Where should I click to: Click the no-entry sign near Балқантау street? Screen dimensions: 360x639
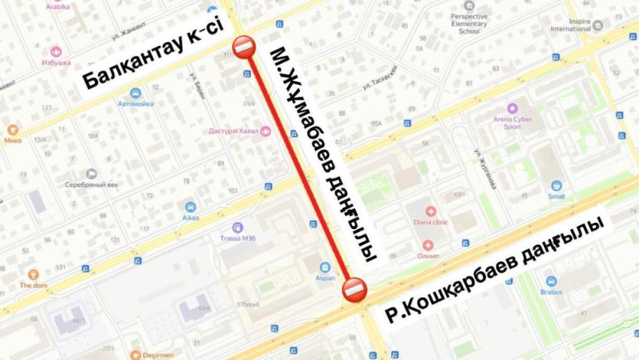(x=245, y=46)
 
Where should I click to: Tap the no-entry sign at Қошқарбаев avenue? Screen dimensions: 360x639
(x=354, y=289)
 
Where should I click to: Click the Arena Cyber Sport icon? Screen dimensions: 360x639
(x=512, y=108)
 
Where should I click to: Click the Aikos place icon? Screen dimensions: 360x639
(x=191, y=207)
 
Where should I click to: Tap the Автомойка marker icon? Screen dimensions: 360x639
(x=136, y=93)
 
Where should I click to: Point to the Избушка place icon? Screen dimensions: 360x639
(x=56, y=51)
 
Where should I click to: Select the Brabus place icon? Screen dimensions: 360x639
(x=551, y=281)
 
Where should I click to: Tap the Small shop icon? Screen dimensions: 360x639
(x=556, y=186)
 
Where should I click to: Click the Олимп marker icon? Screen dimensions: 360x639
(x=428, y=245)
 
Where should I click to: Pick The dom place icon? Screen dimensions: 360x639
(x=33, y=274)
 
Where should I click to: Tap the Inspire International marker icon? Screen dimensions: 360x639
(x=598, y=24)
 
